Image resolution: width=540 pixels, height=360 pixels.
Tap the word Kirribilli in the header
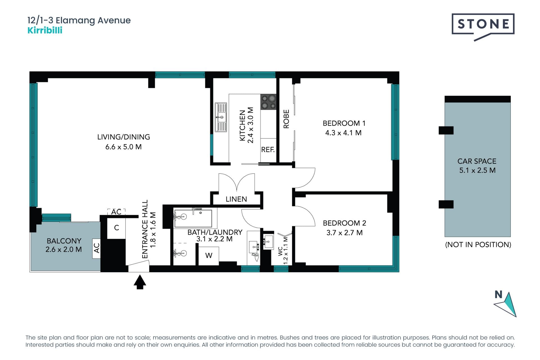45,30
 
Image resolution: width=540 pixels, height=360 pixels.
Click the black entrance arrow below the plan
139,282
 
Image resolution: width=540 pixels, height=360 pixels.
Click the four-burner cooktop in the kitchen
268,102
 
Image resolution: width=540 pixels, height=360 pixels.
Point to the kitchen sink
221,117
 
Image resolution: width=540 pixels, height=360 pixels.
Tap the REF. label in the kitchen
268,150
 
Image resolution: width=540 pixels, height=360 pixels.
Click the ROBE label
286,119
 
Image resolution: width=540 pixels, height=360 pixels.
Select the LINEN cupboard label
236,199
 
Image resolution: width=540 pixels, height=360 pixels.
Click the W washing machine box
209,256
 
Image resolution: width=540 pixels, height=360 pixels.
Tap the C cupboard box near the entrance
116,228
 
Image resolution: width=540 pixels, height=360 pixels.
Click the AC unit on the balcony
96,248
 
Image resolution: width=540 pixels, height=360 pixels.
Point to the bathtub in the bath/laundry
193,218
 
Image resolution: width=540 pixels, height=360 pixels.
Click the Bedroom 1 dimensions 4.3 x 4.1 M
343,133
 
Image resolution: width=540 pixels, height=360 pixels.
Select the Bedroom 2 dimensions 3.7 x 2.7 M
345,233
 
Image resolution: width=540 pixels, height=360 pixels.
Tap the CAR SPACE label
477,161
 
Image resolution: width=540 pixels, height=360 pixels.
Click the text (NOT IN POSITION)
478,244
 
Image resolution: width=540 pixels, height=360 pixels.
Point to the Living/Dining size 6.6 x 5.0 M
123,147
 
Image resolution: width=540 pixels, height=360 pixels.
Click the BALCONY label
64,241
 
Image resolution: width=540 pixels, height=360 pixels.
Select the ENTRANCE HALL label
145,229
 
